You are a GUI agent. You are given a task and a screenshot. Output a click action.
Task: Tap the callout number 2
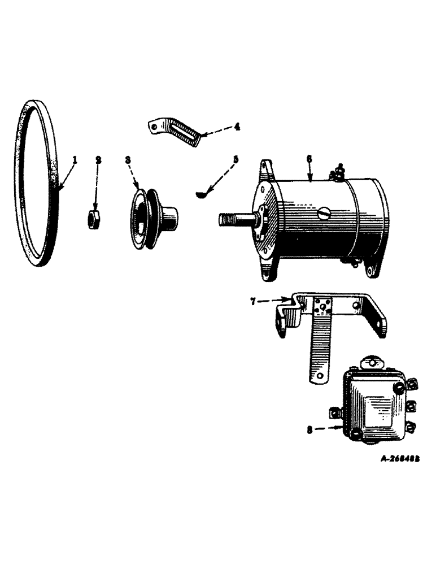98,160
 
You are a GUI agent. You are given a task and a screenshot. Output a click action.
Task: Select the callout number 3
128,160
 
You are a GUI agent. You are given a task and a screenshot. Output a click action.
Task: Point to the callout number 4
237,127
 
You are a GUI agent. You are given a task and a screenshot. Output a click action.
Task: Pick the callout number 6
309,160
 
